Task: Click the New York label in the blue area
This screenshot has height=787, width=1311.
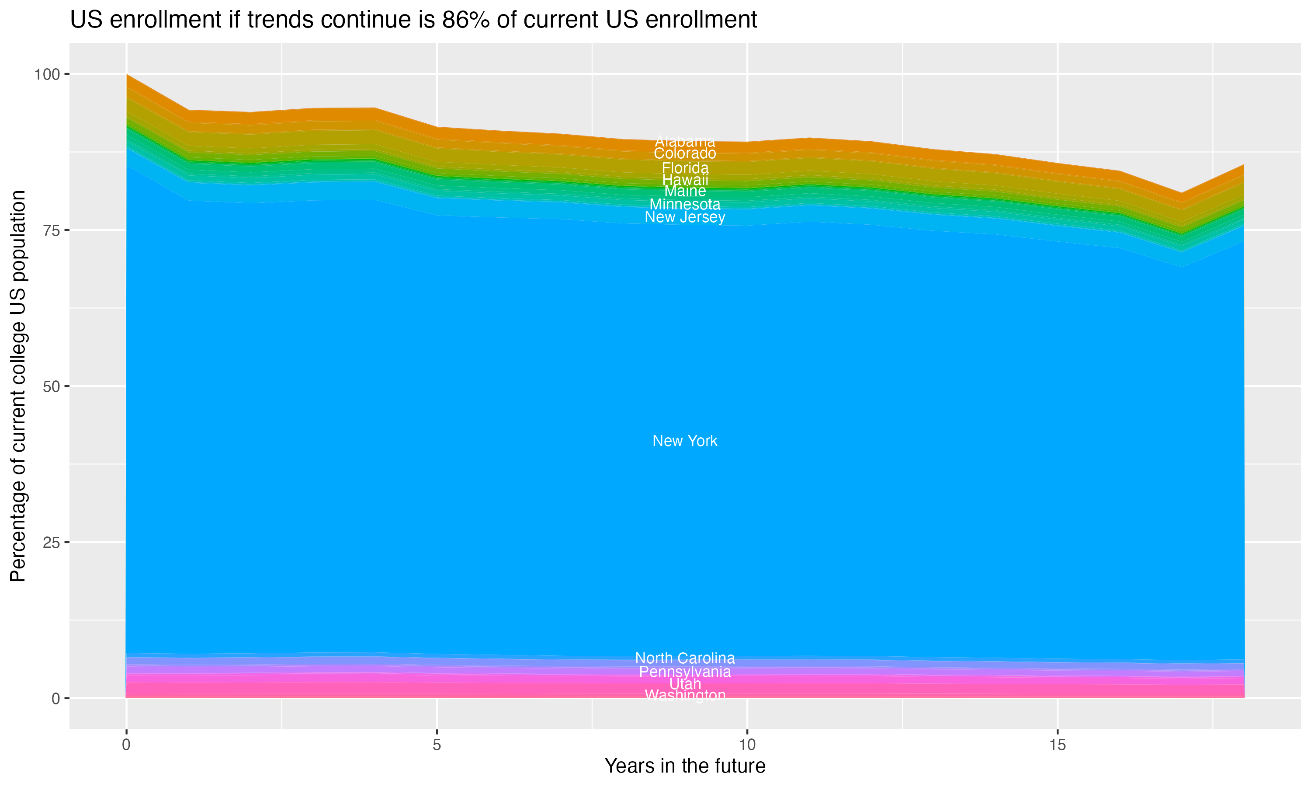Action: [685, 441]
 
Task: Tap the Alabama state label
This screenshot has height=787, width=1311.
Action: [685, 142]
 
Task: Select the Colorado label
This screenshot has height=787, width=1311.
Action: [685, 154]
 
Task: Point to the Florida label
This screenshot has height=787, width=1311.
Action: [685, 168]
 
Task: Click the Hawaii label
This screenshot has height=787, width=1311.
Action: [685, 180]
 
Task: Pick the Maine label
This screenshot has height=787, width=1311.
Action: [685, 191]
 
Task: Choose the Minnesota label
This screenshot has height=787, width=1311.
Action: [685, 204]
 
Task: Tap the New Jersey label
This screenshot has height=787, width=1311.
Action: [685, 217]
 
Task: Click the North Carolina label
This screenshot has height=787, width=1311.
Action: [685, 658]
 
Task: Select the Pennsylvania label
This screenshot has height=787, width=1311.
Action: [685, 672]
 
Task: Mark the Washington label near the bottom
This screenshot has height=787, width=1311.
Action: [685, 695]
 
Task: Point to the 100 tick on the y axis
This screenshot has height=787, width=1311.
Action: [47, 74]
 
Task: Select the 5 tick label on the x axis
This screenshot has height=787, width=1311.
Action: [437, 745]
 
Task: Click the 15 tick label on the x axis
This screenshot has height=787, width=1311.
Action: [1057, 745]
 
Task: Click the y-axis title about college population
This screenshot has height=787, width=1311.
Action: [18, 386]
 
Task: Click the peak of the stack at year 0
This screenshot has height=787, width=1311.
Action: [127, 75]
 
